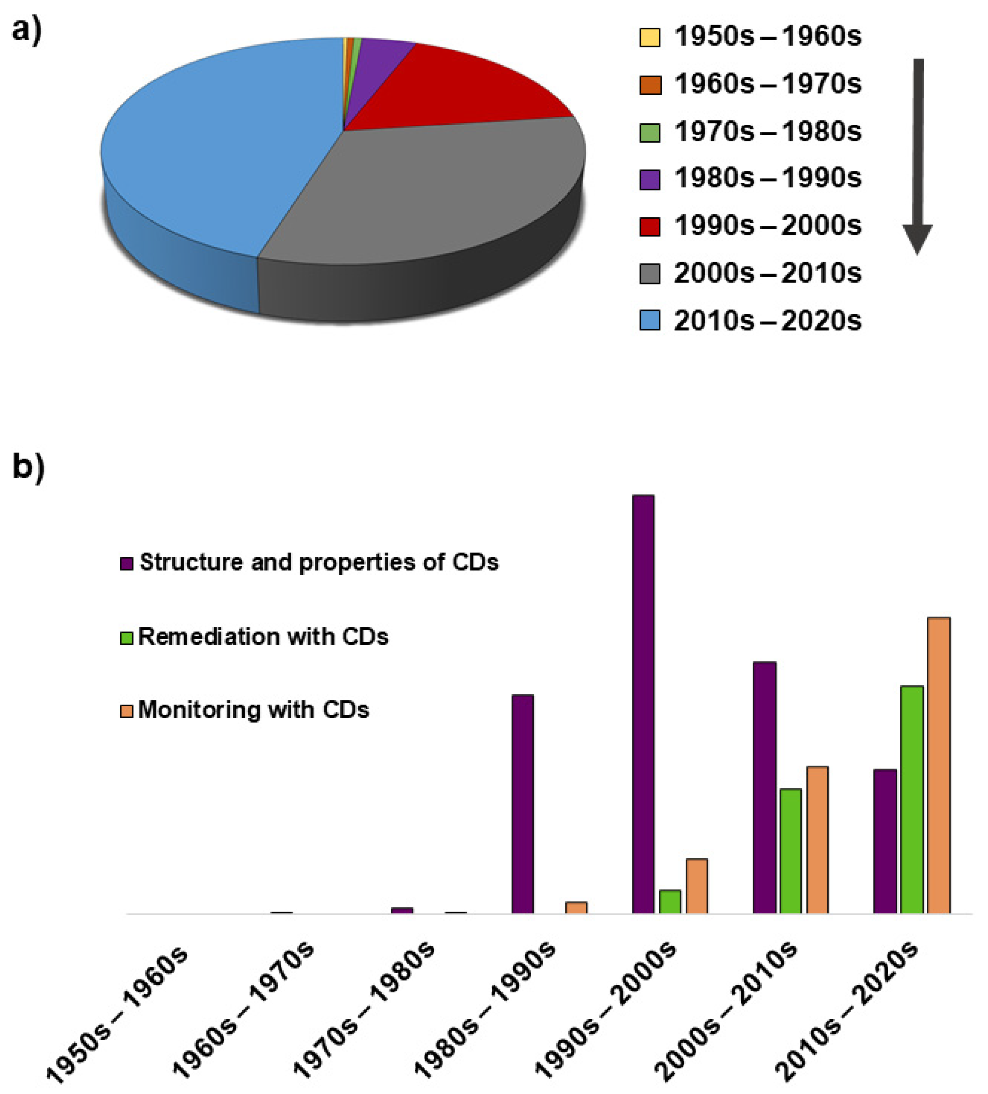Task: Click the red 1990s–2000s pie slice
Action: (x=461, y=87)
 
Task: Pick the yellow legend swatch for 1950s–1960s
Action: (x=650, y=37)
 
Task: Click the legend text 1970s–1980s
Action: (x=767, y=132)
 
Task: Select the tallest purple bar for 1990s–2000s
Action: (x=643, y=705)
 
